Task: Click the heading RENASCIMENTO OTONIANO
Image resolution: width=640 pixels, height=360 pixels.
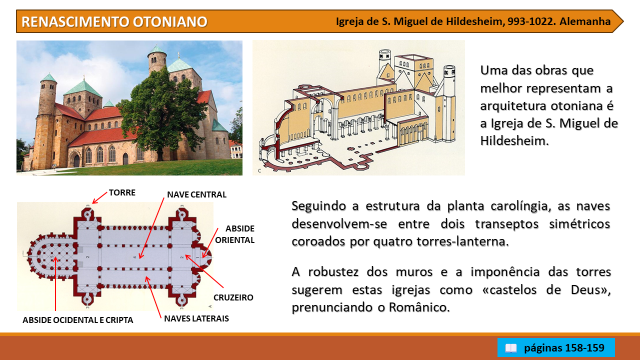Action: coord(114,21)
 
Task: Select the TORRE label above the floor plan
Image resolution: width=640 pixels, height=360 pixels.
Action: coord(122,192)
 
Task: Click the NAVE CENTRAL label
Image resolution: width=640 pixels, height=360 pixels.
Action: coord(196,194)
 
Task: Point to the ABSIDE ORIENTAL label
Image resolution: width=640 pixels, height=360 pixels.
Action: coord(235,234)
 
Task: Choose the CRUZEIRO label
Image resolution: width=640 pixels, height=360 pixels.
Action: coord(233,297)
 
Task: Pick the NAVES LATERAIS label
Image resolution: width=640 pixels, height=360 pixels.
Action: coord(196,318)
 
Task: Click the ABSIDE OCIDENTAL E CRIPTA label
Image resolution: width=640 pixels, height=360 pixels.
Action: coord(77,320)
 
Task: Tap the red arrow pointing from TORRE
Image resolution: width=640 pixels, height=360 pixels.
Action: coord(99,198)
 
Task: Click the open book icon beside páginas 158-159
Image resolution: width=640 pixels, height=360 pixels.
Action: coord(511,348)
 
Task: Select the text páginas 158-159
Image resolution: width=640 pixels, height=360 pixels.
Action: coord(564,348)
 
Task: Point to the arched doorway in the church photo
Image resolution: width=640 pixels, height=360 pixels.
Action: coord(76,160)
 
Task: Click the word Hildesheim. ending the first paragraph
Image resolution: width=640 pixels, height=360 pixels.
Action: coord(514,141)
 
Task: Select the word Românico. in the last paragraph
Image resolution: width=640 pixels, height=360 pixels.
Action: coord(419,307)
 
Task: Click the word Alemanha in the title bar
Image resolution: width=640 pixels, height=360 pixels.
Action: coord(585,21)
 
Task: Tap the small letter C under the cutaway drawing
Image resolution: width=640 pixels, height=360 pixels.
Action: coord(259,171)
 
